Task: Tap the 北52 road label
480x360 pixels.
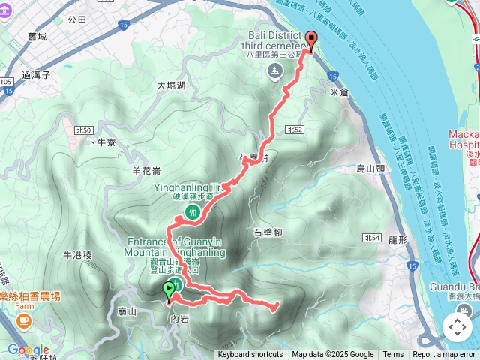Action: coord(294,130)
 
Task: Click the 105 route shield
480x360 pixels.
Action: coord(6,80)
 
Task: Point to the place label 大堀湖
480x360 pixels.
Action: coord(171,85)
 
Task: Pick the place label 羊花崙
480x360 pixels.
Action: coord(136,170)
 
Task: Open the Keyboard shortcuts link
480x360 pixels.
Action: coord(250,355)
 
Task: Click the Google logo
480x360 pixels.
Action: coord(28,349)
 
